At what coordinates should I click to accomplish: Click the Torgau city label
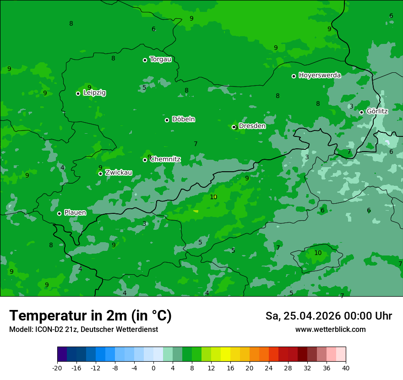point(160,60)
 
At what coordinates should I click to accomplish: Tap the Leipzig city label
point(94,93)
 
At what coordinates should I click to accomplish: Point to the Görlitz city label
point(377,111)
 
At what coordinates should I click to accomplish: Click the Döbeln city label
point(183,119)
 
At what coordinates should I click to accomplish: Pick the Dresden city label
point(252,126)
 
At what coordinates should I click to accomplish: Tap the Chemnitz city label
point(165,159)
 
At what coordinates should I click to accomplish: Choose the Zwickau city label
point(119,173)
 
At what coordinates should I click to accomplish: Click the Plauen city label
point(75,212)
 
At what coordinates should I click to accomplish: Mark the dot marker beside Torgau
point(145,60)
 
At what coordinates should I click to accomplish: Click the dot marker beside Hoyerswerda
point(294,76)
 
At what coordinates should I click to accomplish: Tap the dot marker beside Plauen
point(59,213)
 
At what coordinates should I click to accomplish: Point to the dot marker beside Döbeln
point(167,120)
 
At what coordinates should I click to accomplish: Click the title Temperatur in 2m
point(90,316)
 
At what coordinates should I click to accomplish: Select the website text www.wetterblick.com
point(330,330)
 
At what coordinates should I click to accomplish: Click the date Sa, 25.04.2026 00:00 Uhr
point(328,316)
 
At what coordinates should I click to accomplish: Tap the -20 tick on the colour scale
point(57,368)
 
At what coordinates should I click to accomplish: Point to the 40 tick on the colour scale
point(346,368)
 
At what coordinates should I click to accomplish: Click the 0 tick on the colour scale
point(153,368)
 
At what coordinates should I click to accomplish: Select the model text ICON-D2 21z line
point(83,330)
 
